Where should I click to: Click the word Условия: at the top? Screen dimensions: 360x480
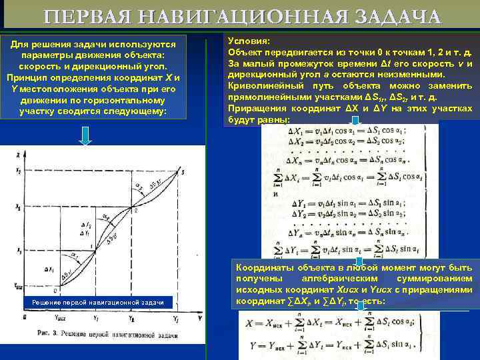(249, 40)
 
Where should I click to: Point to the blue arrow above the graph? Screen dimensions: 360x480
(85, 136)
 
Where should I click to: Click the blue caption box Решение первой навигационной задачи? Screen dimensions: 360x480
(99, 303)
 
